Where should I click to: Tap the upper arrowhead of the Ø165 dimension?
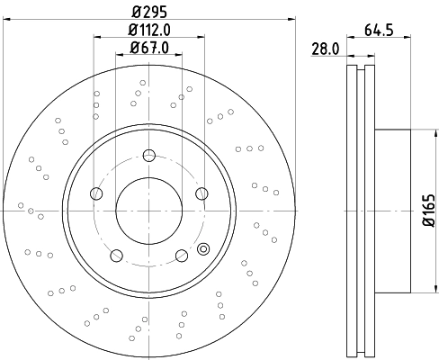click(x=411, y=133)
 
